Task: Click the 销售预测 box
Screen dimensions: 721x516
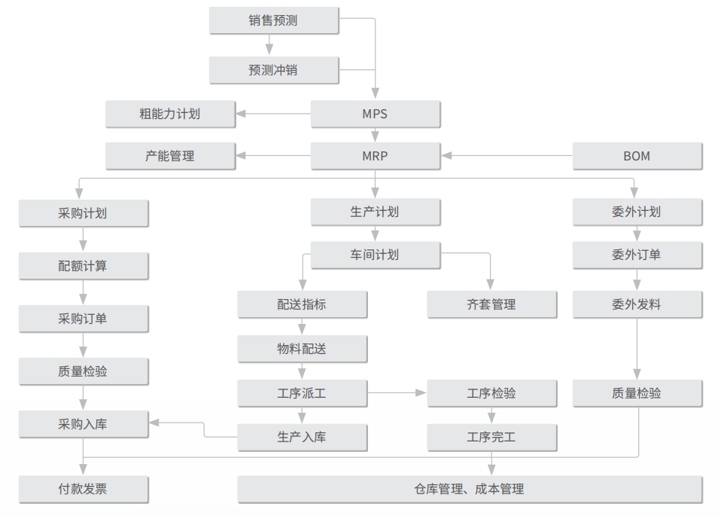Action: (x=274, y=20)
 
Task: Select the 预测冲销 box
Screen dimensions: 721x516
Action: (x=274, y=70)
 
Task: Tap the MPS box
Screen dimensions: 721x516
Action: (x=376, y=114)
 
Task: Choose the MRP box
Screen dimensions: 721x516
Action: (x=376, y=156)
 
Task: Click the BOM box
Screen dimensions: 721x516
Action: (x=637, y=156)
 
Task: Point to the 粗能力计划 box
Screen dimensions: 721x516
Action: (x=171, y=114)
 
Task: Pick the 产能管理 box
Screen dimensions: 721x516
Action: (x=171, y=156)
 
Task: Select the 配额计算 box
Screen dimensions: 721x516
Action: (x=84, y=266)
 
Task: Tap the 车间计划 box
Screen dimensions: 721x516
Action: (x=376, y=255)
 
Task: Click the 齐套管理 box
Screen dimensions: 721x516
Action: (x=492, y=304)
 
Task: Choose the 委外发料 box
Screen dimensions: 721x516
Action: (x=637, y=304)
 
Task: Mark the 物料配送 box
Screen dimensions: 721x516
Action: (x=302, y=349)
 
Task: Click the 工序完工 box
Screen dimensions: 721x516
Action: (x=492, y=437)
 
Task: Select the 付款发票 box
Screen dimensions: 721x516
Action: (x=84, y=489)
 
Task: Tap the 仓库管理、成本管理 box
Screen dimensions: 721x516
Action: (x=470, y=489)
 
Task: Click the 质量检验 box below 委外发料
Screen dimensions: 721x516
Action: (x=637, y=393)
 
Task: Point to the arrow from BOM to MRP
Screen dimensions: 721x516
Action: (x=507, y=156)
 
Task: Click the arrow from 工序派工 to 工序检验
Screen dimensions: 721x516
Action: (x=397, y=392)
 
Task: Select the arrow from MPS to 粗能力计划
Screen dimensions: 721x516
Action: (x=273, y=114)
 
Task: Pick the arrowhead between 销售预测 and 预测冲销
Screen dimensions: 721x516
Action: (x=269, y=49)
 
